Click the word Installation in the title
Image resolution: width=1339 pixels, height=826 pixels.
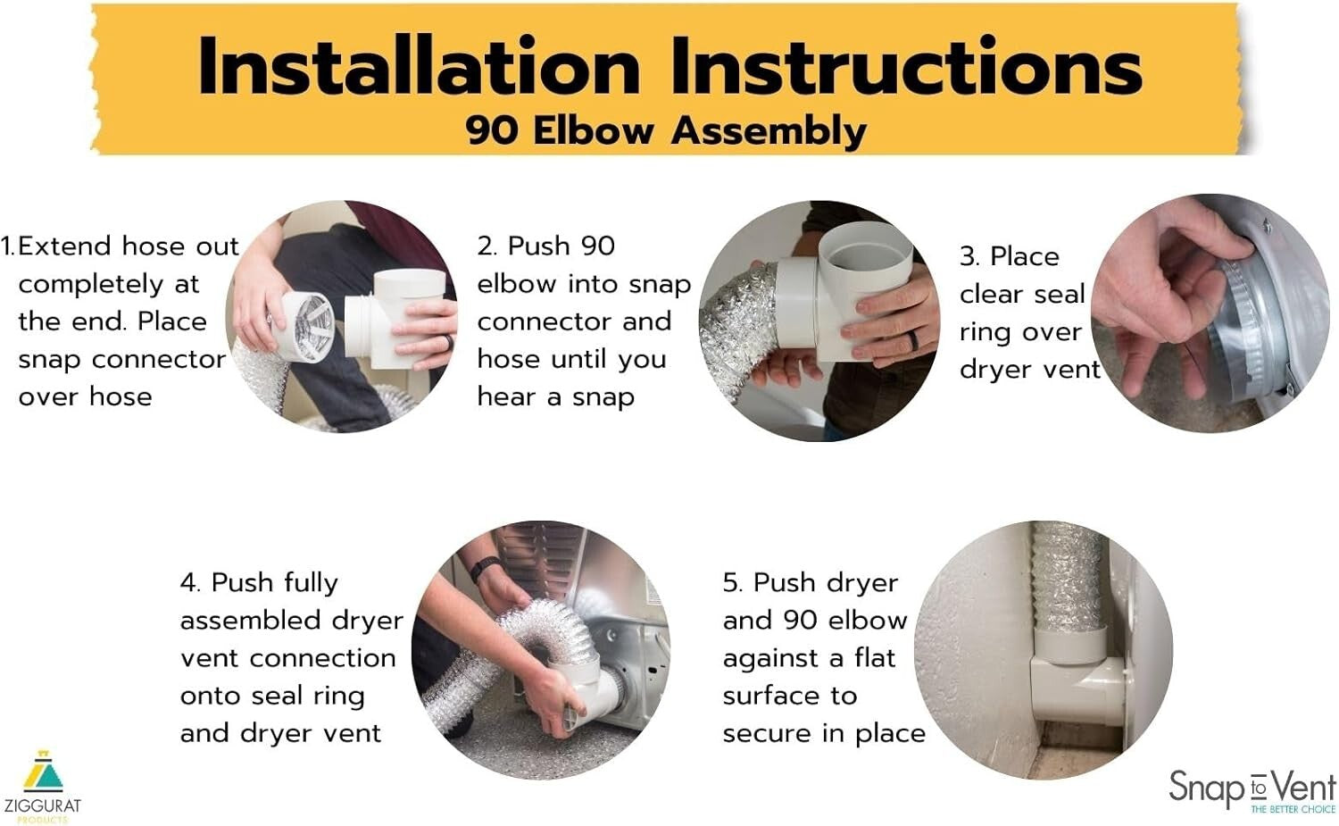click(x=418, y=68)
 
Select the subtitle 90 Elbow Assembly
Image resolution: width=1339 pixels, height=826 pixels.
click(x=665, y=131)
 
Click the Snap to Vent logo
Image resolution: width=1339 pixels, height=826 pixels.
click(x=1252, y=789)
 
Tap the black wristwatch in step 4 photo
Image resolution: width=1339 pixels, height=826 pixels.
click(x=485, y=567)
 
